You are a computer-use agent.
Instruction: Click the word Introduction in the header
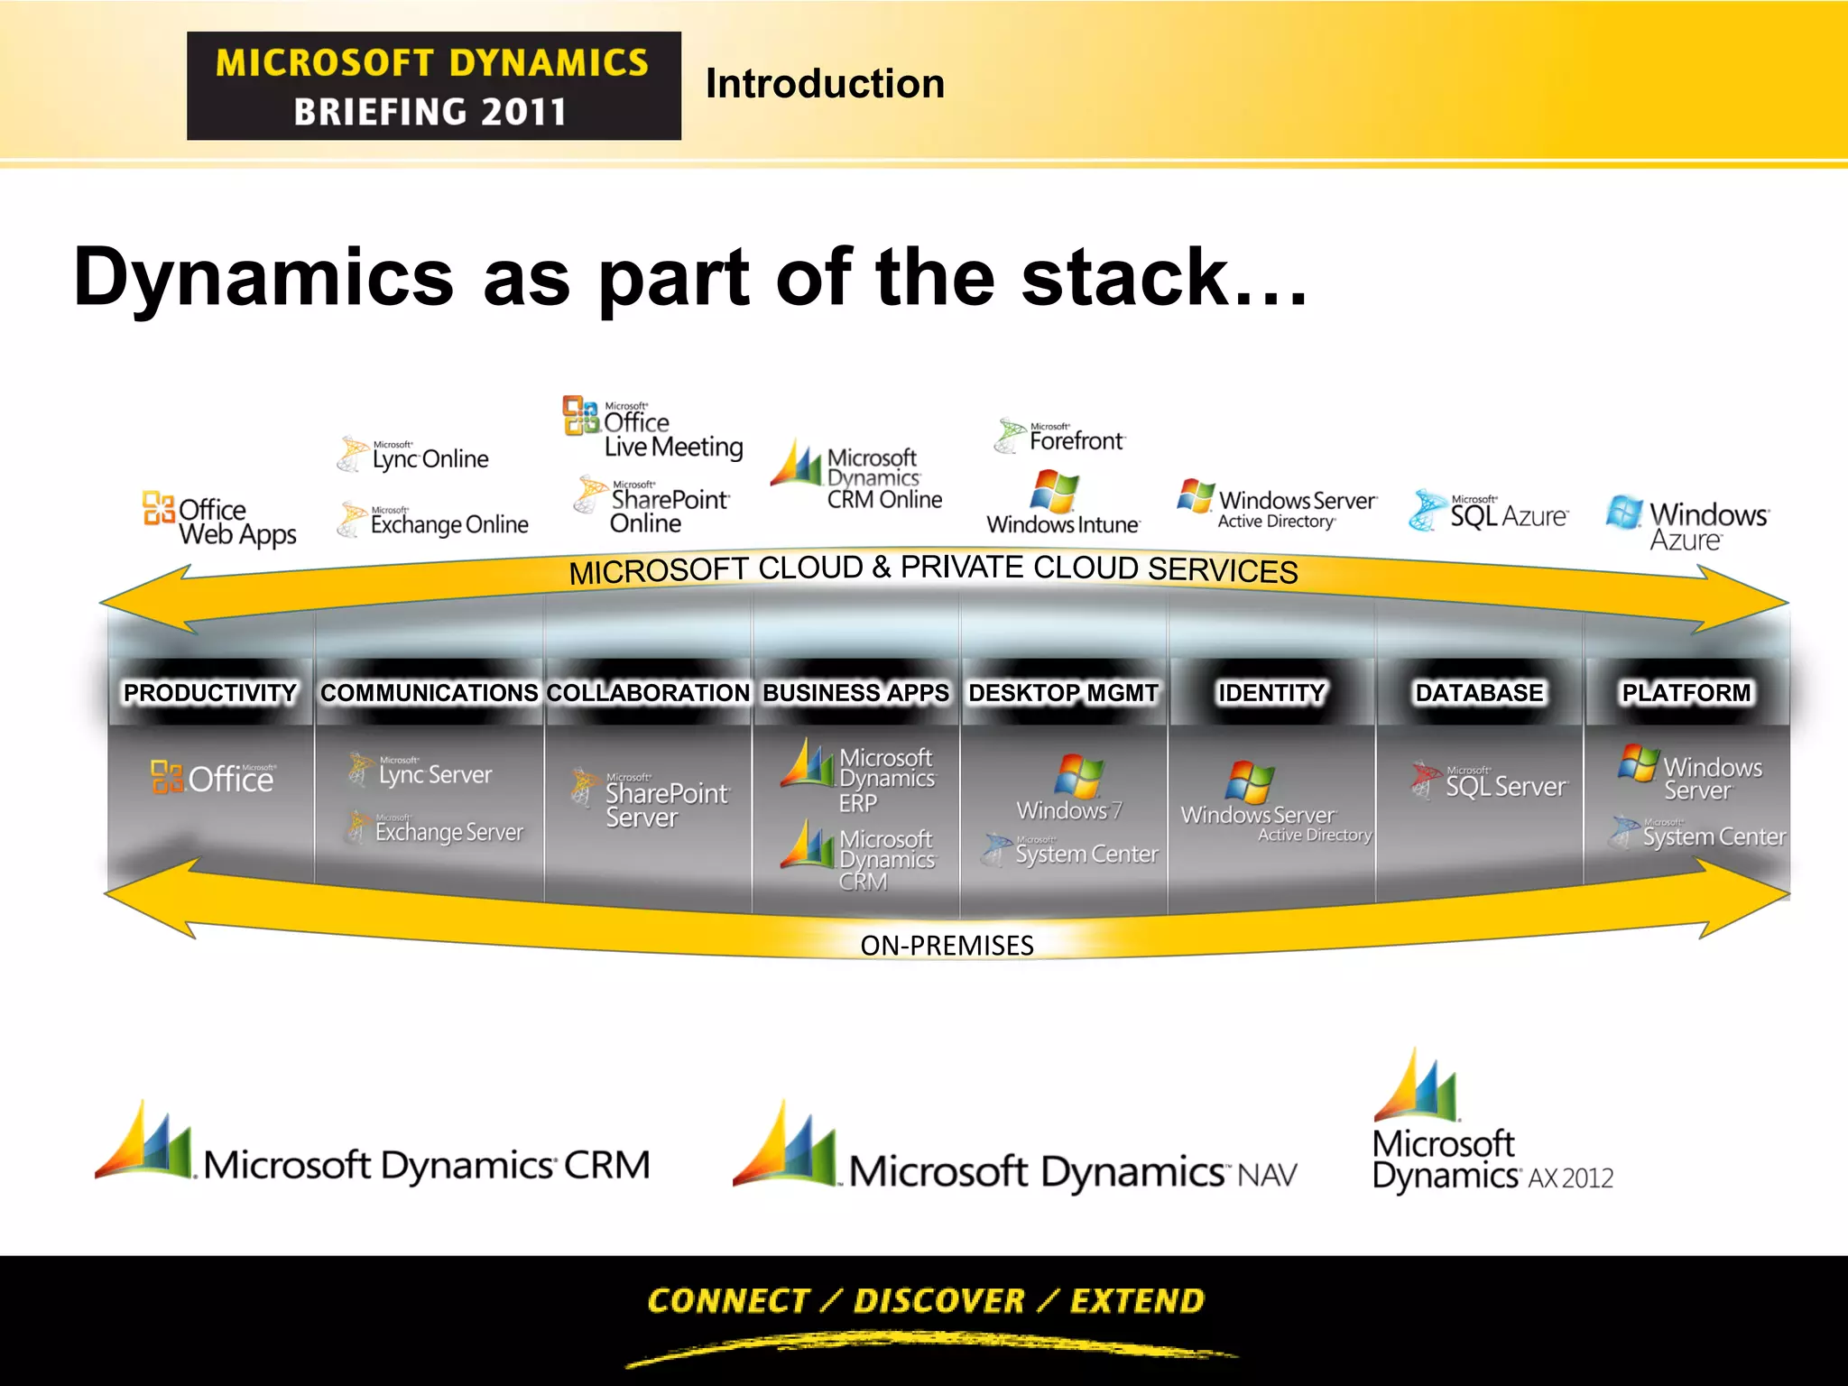825,84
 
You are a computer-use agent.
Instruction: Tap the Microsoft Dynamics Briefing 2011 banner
433,86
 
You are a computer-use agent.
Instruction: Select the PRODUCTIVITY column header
210,693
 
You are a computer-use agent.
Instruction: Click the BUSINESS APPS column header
856,693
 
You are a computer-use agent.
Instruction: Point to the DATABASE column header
1479,693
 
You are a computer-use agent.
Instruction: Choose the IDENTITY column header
1271,693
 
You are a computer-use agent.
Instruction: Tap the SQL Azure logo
1489,512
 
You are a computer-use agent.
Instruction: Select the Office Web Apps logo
220,521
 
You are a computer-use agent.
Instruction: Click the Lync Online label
430,458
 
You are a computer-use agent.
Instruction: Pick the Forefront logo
1062,438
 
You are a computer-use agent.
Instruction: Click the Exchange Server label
448,831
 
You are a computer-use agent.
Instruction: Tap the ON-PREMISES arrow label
947,946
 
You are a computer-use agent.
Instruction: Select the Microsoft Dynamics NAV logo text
1072,1172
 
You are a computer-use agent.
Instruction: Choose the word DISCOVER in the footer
939,1301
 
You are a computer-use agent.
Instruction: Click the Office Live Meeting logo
654,429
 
